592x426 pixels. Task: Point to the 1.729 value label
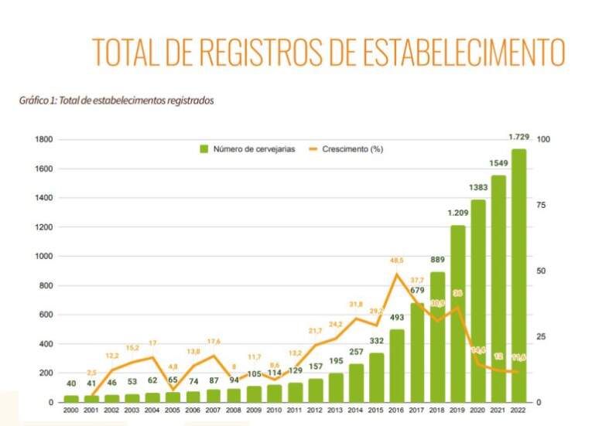point(518,137)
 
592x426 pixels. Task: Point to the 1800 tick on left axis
point(44,140)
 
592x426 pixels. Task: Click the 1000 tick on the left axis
point(44,257)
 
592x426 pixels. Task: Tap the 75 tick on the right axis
point(539,205)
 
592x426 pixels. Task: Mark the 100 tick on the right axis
point(542,140)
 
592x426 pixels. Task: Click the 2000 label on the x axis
point(71,410)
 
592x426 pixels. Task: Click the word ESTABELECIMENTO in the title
point(455,51)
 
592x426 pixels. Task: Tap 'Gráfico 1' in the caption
point(36,101)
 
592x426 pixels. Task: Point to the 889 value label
point(438,260)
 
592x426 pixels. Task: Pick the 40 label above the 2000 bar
point(71,384)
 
